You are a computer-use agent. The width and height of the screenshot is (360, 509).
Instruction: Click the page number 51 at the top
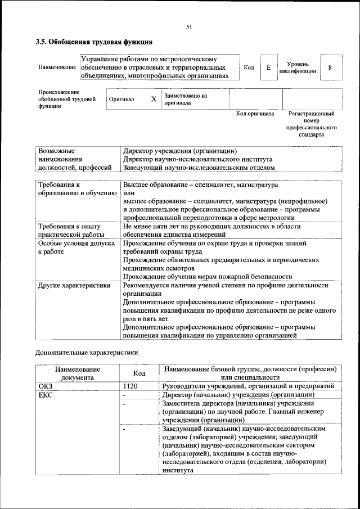pyautogui.click(x=189, y=26)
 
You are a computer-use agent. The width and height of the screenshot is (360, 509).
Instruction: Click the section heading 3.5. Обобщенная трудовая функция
pyautogui.click(x=93, y=42)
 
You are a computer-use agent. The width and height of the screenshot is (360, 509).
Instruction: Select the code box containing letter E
pyautogui.click(x=268, y=67)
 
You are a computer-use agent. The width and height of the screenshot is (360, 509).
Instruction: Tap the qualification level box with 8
pyautogui.click(x=330, y=67)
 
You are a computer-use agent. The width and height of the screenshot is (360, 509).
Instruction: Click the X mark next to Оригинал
pyautogui.click(x=153, y=99)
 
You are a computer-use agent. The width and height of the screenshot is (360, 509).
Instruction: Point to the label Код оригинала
pyautogui.click(x=255, y=114)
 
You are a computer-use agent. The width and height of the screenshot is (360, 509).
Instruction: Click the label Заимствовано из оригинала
pyautogui.click(x=186, y=100)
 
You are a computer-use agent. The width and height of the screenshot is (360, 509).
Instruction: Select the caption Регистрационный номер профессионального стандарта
pyautogui.click(x=311, y=124)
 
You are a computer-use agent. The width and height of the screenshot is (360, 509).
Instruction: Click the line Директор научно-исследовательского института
pyautogui.click(x=197, y=159)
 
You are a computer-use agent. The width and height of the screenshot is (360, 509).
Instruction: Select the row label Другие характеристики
pyautogui.click(x=73, y=285)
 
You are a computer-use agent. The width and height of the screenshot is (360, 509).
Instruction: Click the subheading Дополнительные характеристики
pyautogui.click(x=86, y=353)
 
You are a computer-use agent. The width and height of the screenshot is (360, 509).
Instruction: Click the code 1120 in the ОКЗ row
pyautogui.click(x=130, y=386)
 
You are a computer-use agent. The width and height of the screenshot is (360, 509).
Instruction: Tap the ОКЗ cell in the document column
pyautogui.click(x=44, y=386)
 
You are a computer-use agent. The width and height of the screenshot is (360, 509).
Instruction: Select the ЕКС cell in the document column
pyautogui.click(x=44, y=395)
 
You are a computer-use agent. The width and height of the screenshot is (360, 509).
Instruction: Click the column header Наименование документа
pyautogui.click(x=78, y=373)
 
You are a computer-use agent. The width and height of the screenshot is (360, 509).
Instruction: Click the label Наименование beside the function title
pyautogui.click(x=57, y=67)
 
